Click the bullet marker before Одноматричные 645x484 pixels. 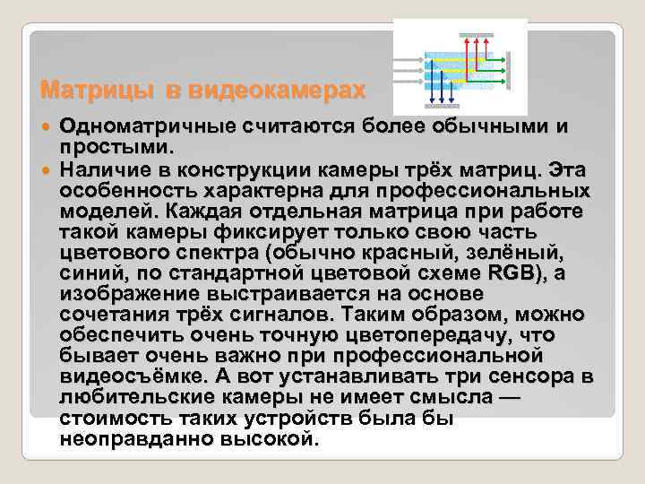(47, 128)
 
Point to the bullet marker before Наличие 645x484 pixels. (47, 169)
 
